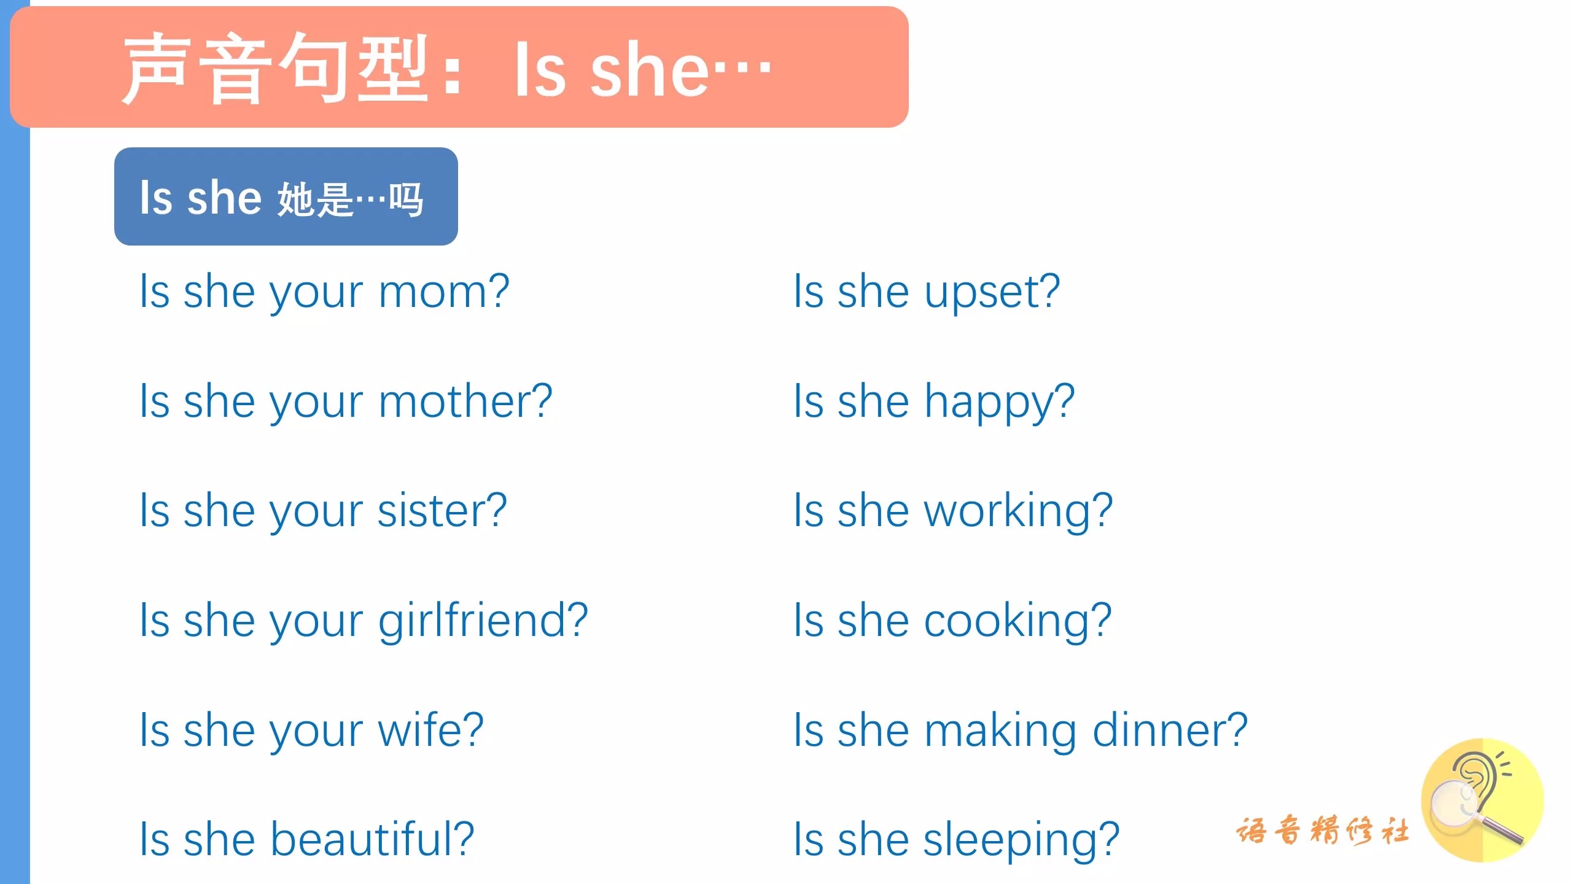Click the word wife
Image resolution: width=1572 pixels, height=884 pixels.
pos(419,729)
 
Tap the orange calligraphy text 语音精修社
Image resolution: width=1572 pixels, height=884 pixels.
pos(1323,831)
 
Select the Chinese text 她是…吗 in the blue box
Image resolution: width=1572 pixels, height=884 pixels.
pos(350,199)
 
